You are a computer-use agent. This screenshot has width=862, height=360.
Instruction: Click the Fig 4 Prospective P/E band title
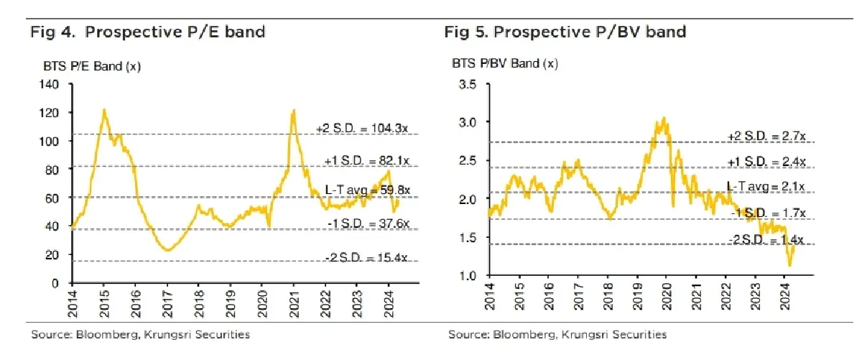tap(147, 32)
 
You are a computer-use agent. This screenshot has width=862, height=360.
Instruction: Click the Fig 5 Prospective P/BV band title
tap(565, 32)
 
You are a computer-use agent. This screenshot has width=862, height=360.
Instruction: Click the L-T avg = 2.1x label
tap(766, 186)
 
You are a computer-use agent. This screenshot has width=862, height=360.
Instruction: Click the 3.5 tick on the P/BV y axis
tap(467, 85)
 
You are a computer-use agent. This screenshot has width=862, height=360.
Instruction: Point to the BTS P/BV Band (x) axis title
tap(504, 63)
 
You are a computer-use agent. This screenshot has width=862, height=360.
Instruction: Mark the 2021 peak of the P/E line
tap(293, 111)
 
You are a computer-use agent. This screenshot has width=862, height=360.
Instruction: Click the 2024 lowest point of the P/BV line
tap(790, 266)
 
